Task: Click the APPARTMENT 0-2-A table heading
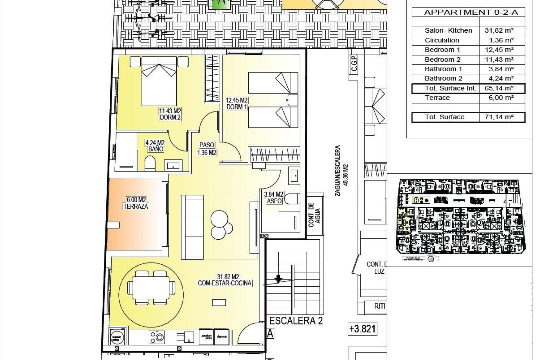pos(471,12)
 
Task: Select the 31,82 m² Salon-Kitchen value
pos(499,30)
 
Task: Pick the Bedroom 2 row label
pos(442,60)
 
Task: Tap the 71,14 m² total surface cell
pos(499,117)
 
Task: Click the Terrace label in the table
pos(437,98)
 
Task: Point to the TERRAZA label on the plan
pos(136,206)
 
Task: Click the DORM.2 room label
pos(170,117)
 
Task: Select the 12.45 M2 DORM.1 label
pos(237,103)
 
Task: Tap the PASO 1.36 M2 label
pos(207,149)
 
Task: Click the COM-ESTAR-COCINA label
pos(225,283)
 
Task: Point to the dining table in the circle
pos(151,288)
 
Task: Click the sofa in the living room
pos(192,227)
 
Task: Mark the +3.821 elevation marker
pos(362,329)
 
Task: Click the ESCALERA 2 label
pos(296,321)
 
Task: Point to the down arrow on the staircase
pos(278,279)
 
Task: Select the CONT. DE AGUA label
pos(314,215)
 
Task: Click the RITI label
pos(379,306)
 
